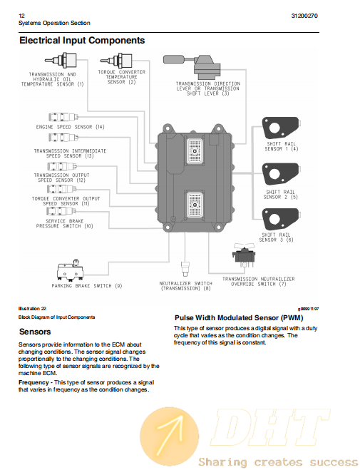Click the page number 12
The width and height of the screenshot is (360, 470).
point(21,16)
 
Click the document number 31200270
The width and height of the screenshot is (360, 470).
point(304,16)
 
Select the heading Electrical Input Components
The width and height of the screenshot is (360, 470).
point(82,41)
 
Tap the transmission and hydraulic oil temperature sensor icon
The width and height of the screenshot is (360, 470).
point(61,60)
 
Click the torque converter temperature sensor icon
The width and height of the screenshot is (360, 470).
point(116,61)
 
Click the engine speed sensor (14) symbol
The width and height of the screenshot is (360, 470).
point(63,117)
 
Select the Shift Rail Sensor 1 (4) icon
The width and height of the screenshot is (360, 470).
point(281,128)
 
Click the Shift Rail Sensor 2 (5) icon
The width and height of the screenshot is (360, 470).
point(281,174)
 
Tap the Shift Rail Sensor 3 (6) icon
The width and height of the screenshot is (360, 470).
point(281,219)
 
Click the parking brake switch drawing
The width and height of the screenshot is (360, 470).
point(70,270)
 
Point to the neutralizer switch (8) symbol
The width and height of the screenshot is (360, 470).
point(185,269)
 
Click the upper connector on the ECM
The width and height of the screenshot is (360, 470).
point(195,151)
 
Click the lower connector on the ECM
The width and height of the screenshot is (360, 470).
point(195,205)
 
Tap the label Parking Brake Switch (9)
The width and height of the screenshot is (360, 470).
point(87,286)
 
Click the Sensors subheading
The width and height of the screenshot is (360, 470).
point(35,332)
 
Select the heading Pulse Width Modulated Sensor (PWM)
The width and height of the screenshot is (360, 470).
point(239,317)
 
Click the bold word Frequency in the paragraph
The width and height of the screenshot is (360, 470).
point(34,382)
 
